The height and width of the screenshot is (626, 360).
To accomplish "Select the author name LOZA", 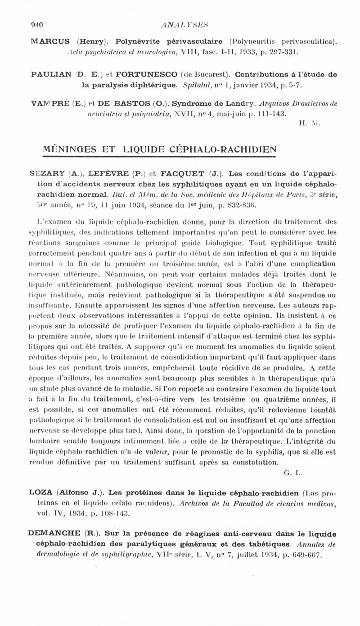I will [x=41, y=493].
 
